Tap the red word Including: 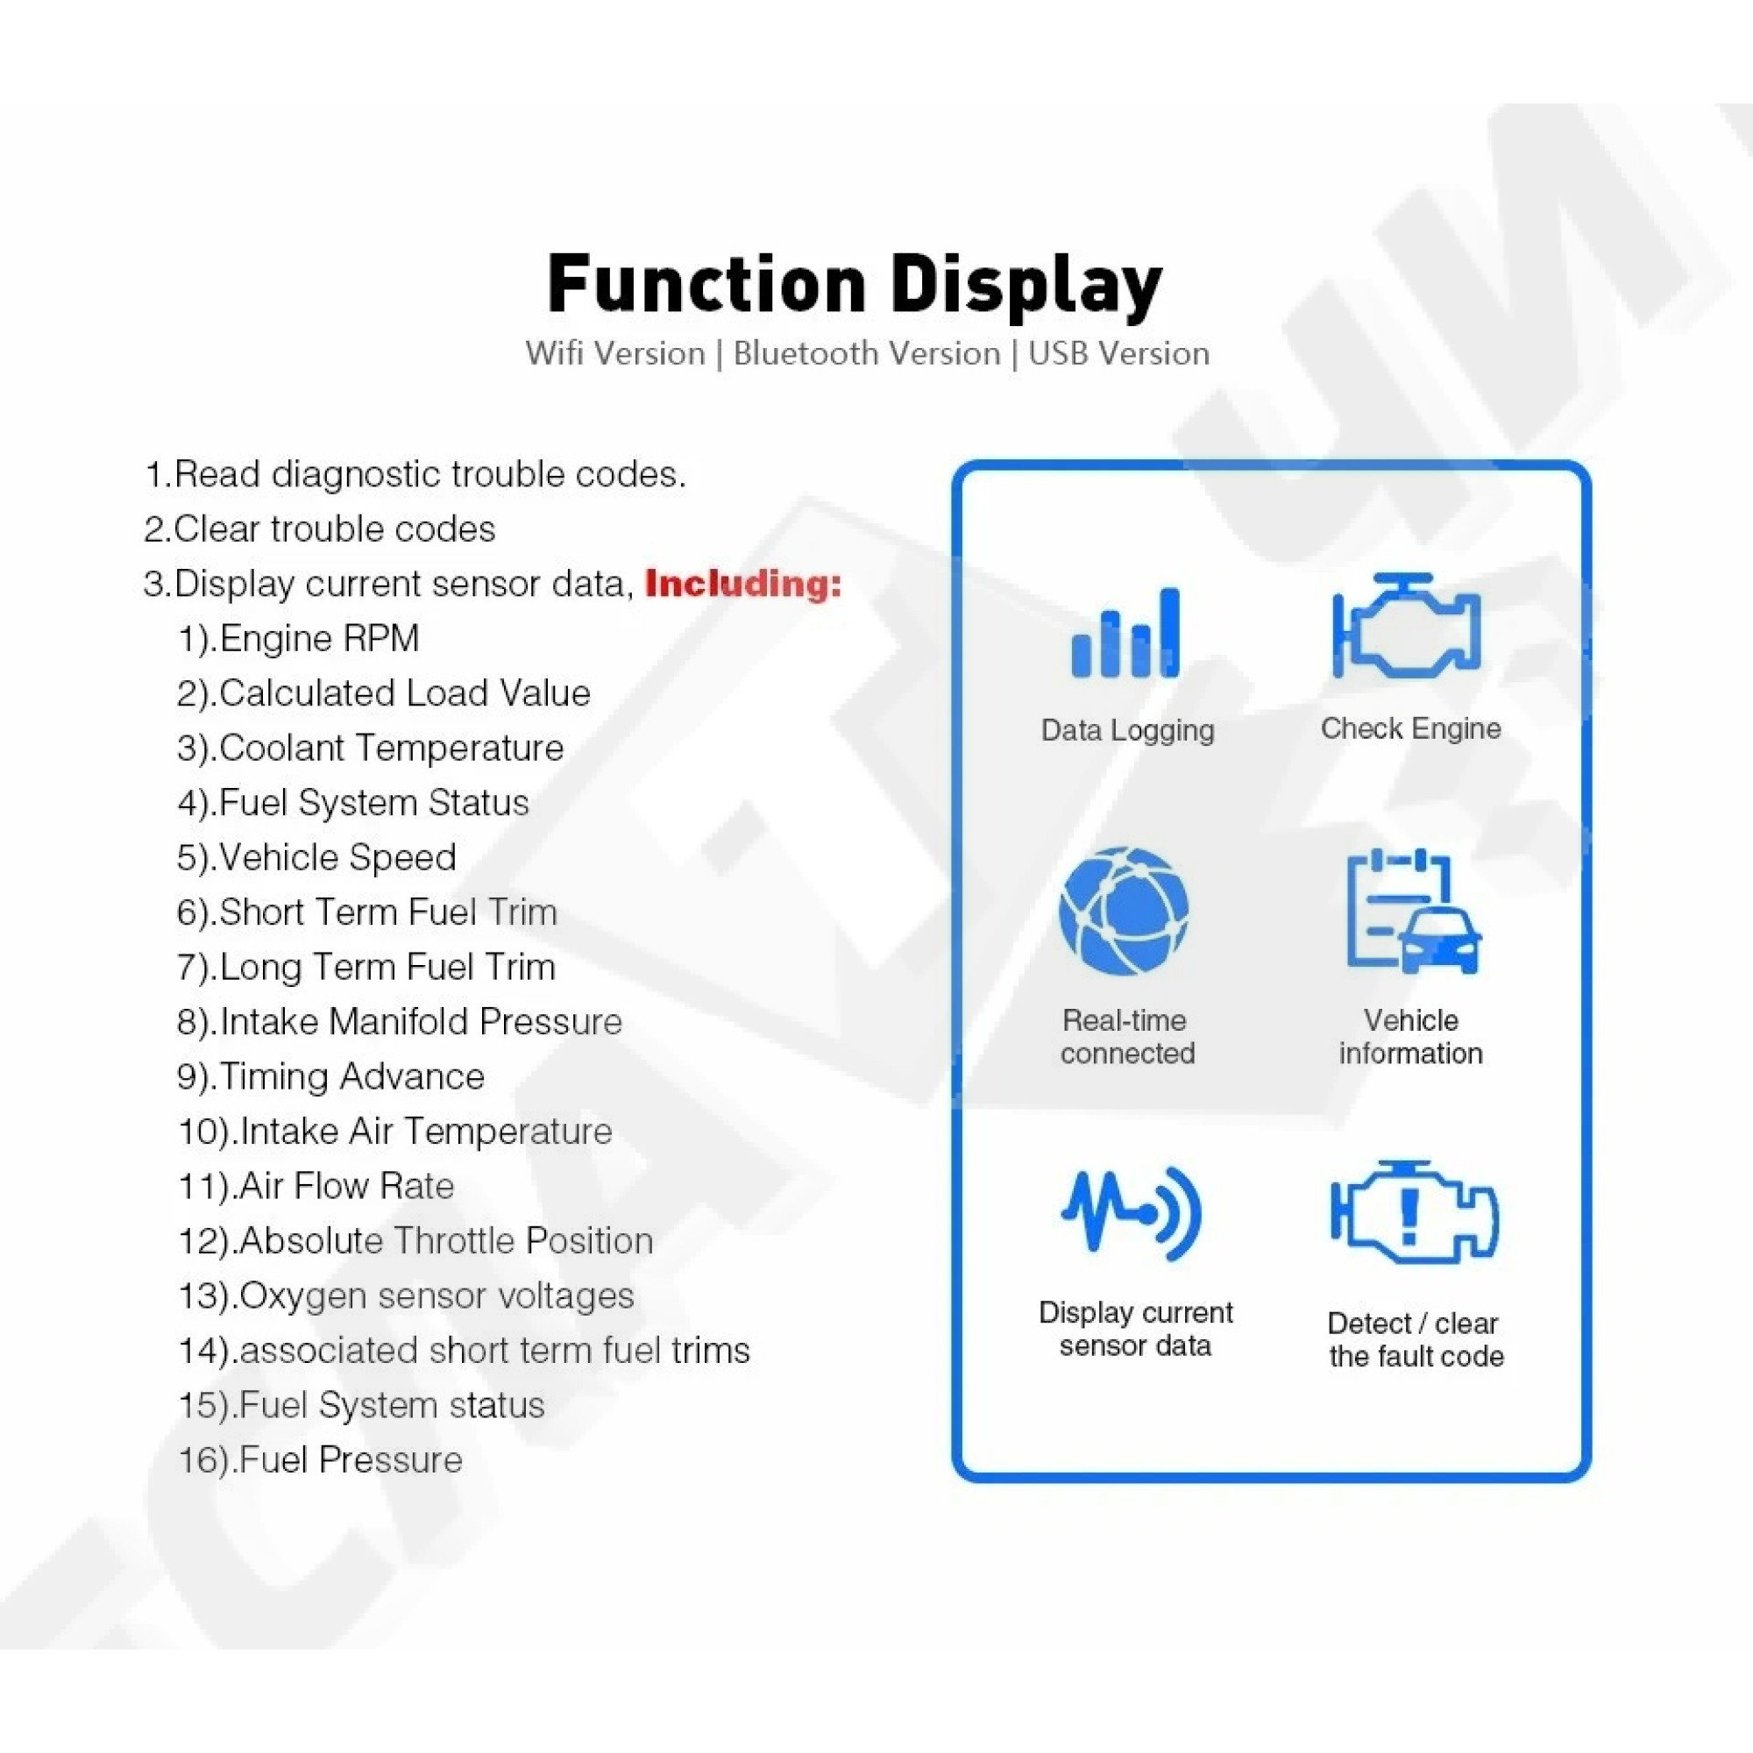point(743,584)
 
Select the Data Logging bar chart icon point(1125,633)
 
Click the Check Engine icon point(1407,626)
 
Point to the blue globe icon point(1125,911)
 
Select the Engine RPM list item point(298,639)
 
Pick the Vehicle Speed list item point(316,857)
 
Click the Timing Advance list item point(330,1077)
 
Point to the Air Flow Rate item point(316,1186)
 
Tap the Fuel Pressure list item point(320,1460)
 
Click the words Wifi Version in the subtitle point(615,353)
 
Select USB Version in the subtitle point(1118,353)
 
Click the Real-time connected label point(1127,1037)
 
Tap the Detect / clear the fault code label point(1416,1340)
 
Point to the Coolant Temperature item point(370,749)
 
